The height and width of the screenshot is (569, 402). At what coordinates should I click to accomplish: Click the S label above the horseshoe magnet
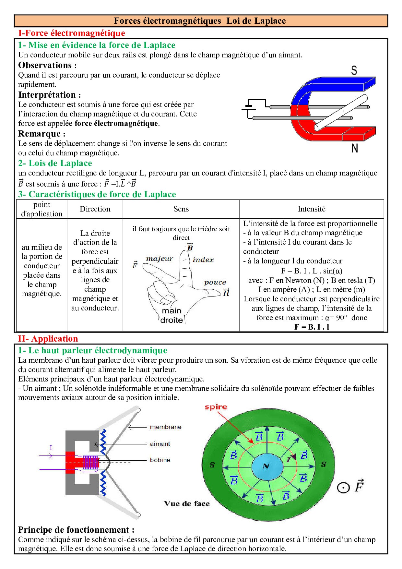[x=354, y=70]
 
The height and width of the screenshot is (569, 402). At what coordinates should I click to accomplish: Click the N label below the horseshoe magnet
[x=355, y=148]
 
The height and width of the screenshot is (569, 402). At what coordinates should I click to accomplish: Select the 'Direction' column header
[x=95, y=209]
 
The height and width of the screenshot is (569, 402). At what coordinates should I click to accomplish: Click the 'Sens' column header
[x=181, y=209]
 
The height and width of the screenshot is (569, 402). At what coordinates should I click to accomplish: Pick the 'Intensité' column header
[x=312, y=209]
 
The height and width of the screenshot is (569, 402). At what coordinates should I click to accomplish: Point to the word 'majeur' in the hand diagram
[x=160, y=259]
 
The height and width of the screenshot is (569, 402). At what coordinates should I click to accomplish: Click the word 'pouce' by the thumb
[x=215, y=282]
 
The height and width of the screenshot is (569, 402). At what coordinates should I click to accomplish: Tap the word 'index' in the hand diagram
[x=203, y=260]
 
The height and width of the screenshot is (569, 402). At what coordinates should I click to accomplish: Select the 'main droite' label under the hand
[x=171, y=315]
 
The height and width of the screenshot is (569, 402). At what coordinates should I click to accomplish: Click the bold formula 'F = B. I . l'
[x=312, y=327]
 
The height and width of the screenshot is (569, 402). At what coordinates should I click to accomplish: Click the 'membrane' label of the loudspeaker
[x=166, y=427]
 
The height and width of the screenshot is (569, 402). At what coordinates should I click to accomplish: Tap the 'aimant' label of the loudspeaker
[x=160, y=444]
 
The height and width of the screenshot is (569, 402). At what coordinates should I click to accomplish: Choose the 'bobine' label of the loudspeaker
[x=160, y=460]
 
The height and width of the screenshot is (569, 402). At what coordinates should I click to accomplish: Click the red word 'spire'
[x=216, y=407]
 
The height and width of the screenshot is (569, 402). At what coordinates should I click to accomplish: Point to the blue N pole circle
[x=267, y=466]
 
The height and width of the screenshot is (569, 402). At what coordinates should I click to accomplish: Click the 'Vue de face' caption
[x=187, y=503]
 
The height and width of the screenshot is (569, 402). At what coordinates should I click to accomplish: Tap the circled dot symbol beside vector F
[x=343, y=488]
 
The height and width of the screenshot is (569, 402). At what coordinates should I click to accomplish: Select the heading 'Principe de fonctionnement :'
[x=76, y=530]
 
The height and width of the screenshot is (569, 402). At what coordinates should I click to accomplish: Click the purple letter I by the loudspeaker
[x=51, y=448]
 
